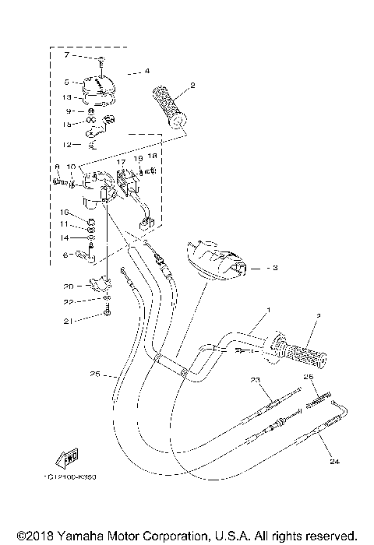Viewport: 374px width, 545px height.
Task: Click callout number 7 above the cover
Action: pyautogui.click(x=67, y=56)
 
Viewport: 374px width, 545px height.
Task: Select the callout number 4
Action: pyautogui.click(x=146, y=72)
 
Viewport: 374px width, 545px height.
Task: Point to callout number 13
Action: pyautogui.click(x=67, y=97)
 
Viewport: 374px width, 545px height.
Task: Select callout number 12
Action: pyautogui.click(x=67, y=145)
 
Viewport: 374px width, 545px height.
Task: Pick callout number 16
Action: pyautogui.click(x=67, y=212)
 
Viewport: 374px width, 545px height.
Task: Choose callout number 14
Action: pyautogui.click(x=67, y=237)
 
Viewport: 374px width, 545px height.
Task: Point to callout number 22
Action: pyautogui.click(x=68, y=302)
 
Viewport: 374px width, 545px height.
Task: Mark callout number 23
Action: pyautogui.click(x=255, y=379)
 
